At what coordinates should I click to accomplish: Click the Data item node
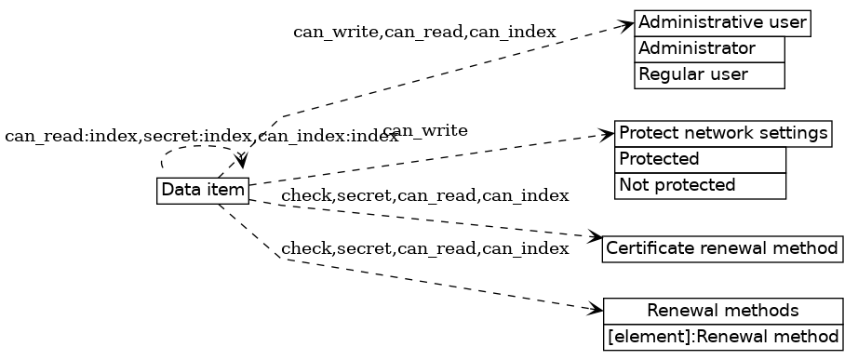(x=203, y=191)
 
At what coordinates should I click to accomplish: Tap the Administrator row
(x=709, y=48)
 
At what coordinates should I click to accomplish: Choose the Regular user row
(x=709, y=74)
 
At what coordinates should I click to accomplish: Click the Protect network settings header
(x=723, y=133)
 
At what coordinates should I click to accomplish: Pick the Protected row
(x=700, y=159)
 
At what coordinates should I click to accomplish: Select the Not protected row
(x=700, y=185)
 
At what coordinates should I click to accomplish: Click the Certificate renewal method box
(x=722, y=249)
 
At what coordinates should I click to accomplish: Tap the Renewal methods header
(x=722, y=310)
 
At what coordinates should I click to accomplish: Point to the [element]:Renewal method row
(x=722, y=336)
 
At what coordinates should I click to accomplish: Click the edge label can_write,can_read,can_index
(x=424, y=32)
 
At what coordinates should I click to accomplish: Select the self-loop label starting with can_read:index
(x=201, y=137)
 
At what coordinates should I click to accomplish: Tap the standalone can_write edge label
(x=424, y=130)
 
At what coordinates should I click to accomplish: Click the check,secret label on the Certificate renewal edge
(x=424, y=195)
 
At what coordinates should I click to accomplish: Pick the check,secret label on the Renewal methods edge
(x=424, y=248)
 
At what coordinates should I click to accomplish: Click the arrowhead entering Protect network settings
(x=608, y=136)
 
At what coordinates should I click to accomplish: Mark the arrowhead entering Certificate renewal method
(x=596, y=238)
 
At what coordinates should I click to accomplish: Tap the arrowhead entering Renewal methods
(x=596, y=310)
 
